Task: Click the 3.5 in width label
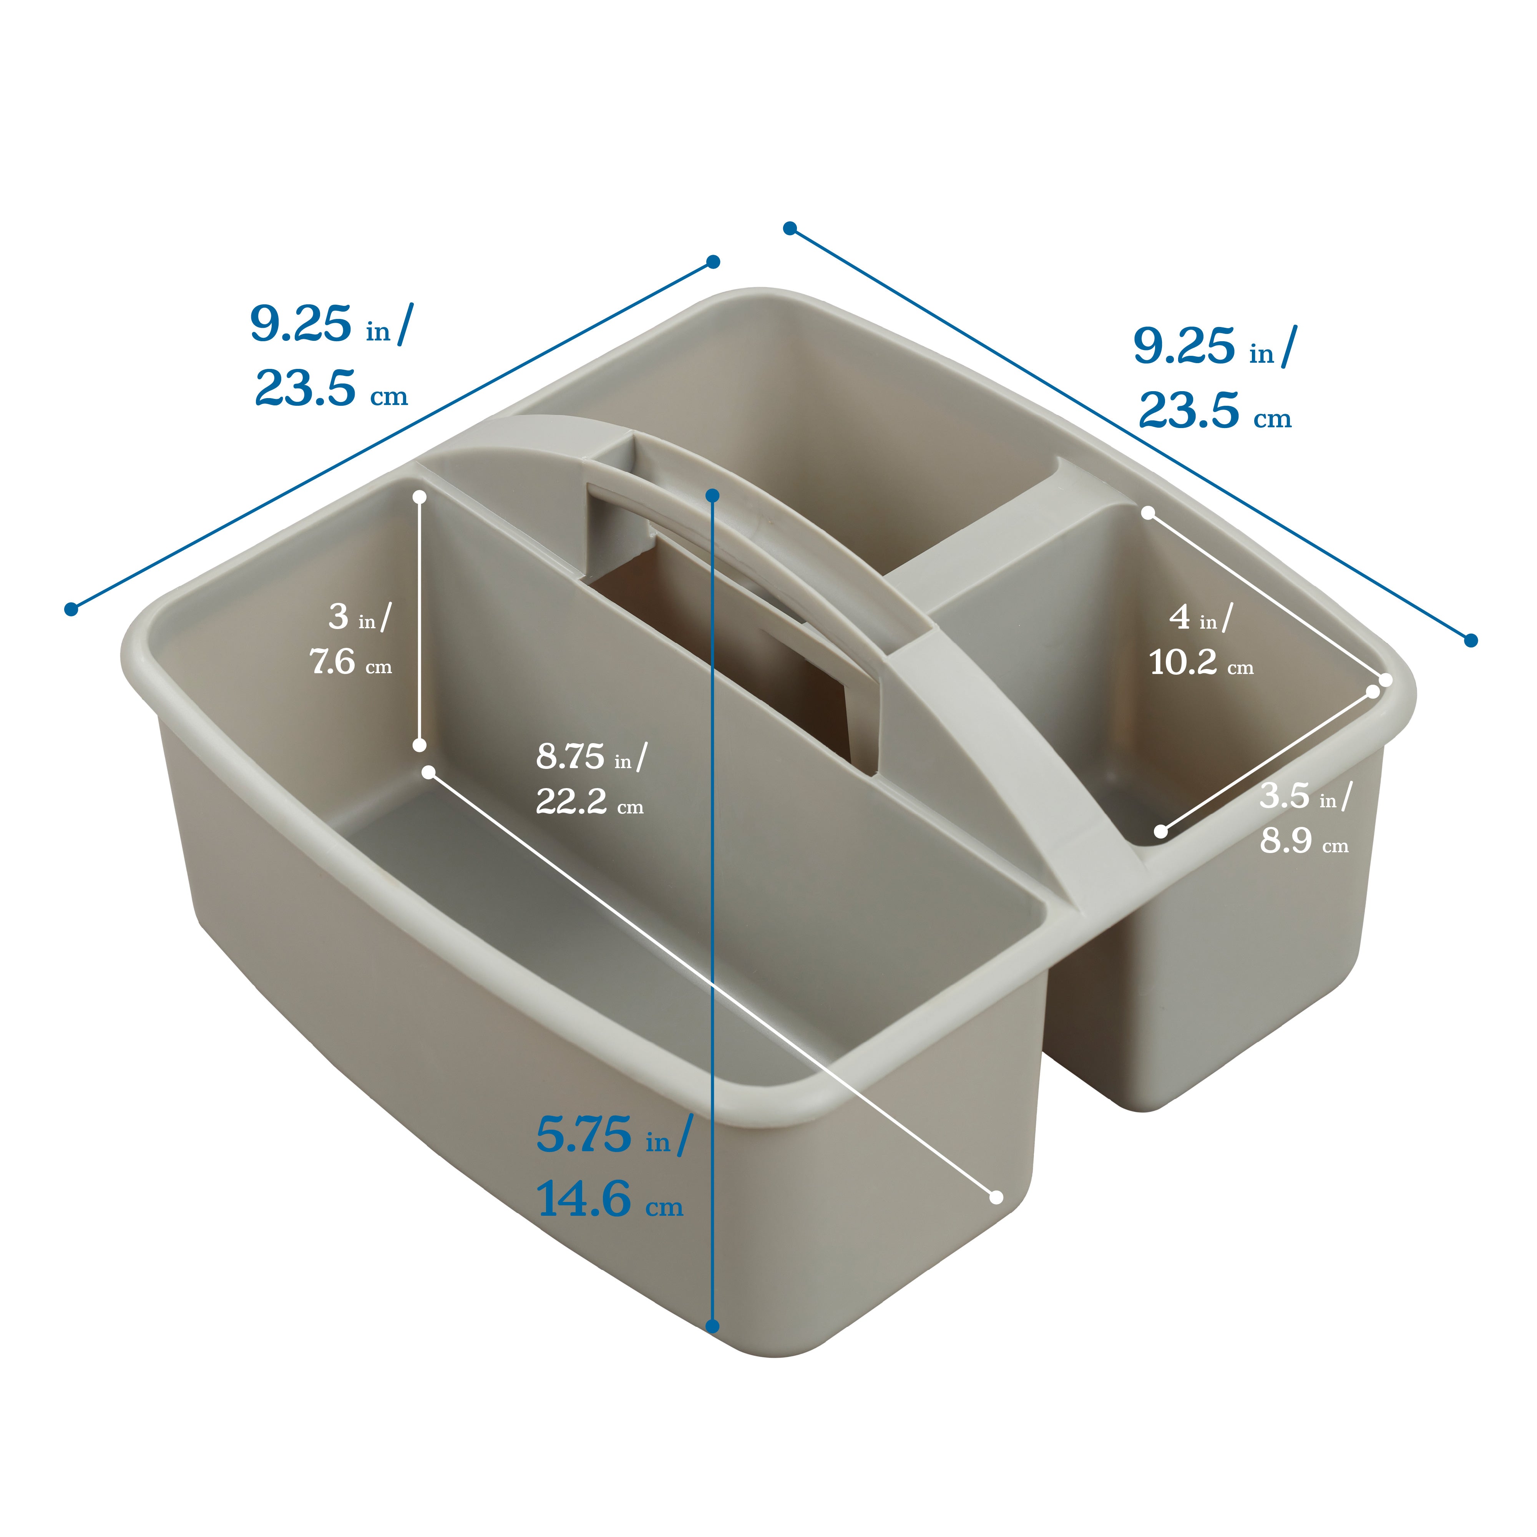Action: pyautogui.click(x=1305, y=795)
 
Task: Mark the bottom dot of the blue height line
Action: pyautogui.click(x=713, y=1326)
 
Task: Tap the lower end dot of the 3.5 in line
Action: pyautogui.click(x=1161, y=832)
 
